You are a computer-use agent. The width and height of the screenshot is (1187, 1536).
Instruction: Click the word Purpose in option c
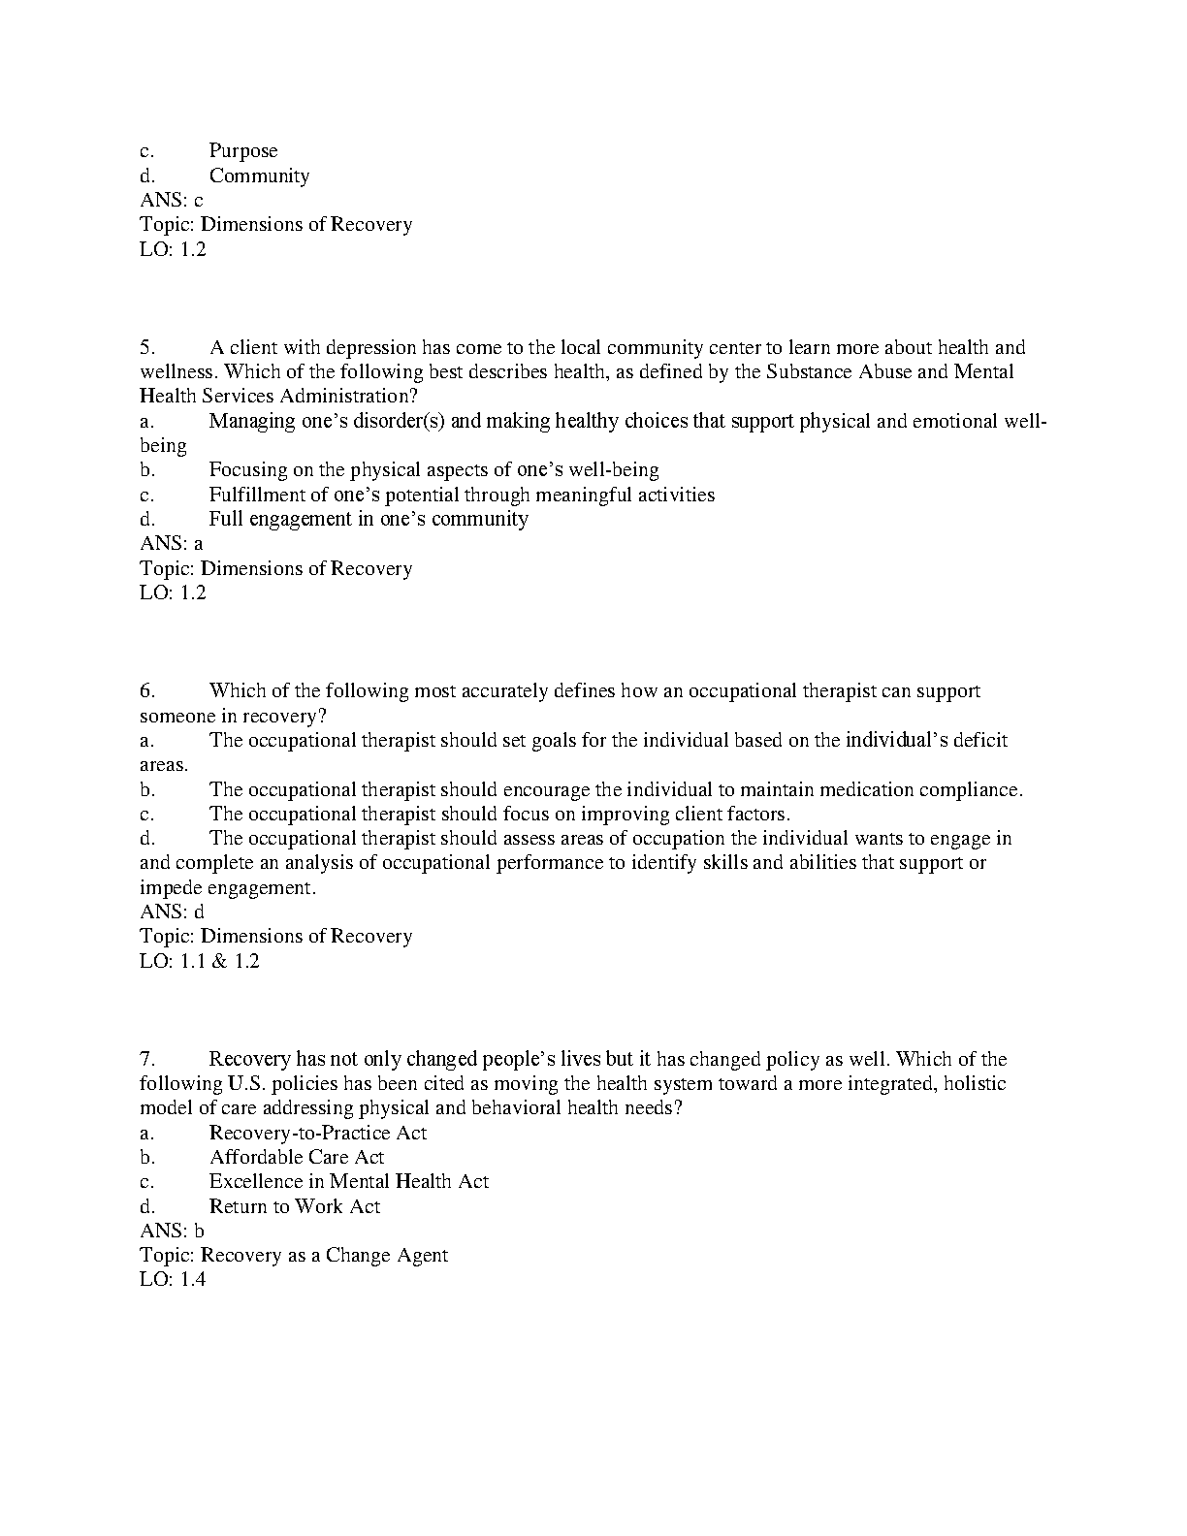(x=243, y=151)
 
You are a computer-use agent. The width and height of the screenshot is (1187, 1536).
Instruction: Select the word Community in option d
(x=259, y=176)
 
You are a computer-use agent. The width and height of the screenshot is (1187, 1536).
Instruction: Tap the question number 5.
(x=147, y=347)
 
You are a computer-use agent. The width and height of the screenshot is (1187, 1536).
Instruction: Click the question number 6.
(x=147, y=690)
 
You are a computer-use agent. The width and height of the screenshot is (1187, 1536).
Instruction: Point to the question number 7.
(x=147, y=1059)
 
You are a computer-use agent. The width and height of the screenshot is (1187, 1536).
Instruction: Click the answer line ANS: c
(x=172, y=201)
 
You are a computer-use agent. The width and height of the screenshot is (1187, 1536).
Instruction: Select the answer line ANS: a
(x=172, y=544)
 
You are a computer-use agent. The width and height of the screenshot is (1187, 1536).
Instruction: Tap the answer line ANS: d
(x=172, y=912)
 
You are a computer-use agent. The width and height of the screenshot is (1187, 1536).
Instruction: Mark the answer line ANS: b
(x=172, y=1231)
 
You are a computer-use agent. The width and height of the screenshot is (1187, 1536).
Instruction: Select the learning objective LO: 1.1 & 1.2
(x=200, y=961)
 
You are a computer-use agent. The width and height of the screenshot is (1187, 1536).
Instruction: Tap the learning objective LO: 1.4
(x=173, y=1279)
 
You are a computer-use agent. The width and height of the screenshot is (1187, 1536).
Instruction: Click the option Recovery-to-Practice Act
(x=317, y=1133)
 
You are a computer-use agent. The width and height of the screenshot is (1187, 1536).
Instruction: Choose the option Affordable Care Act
(x=296, y=1157)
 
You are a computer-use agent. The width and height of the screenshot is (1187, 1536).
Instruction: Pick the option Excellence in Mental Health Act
(x=348, y=1181)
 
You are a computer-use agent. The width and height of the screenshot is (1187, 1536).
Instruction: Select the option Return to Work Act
(x=294, y=1206)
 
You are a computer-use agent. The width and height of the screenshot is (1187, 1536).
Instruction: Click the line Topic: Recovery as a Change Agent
(x=294, y=1255)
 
